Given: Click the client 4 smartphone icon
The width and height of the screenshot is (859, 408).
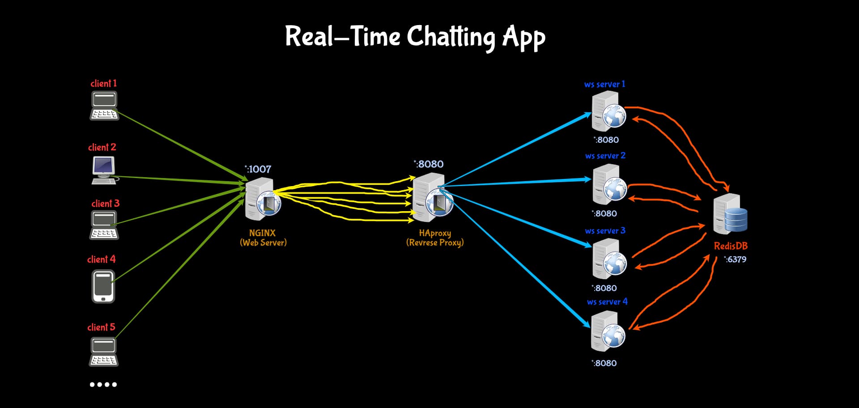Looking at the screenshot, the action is tap(103, 287).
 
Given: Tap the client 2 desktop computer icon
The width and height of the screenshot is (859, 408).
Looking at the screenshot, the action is tap(104, 170).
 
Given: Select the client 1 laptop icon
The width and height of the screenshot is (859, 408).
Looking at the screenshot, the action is tap(104, 106).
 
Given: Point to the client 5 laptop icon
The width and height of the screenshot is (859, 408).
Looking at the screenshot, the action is tap(104, 352).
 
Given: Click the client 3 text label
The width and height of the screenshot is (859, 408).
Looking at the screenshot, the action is tap(106, 204).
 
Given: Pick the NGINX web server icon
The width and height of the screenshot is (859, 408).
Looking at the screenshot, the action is tap(263, 199).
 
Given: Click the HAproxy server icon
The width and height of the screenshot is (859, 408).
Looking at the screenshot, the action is tap(433, 197).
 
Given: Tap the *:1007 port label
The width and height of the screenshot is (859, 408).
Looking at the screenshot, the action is tap(258, 169).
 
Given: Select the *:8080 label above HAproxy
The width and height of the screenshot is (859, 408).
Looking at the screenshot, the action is tap(429, 164).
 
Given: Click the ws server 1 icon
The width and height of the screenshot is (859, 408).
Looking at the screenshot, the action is tap(608, 111).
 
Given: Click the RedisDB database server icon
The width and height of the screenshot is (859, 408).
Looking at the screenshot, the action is tap(730, 214).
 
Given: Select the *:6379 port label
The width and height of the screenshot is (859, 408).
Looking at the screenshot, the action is tap(735, 259).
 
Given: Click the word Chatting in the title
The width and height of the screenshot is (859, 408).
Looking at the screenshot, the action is tap(451, 38).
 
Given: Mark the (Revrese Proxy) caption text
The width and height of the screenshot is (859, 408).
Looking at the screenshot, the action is tap(435, 243).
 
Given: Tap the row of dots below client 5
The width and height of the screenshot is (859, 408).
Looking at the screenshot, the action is tap(103, 385).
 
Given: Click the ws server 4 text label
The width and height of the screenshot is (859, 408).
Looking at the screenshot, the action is tap(607, 302).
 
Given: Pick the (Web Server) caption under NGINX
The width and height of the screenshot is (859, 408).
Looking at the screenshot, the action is tap(263, 243).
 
